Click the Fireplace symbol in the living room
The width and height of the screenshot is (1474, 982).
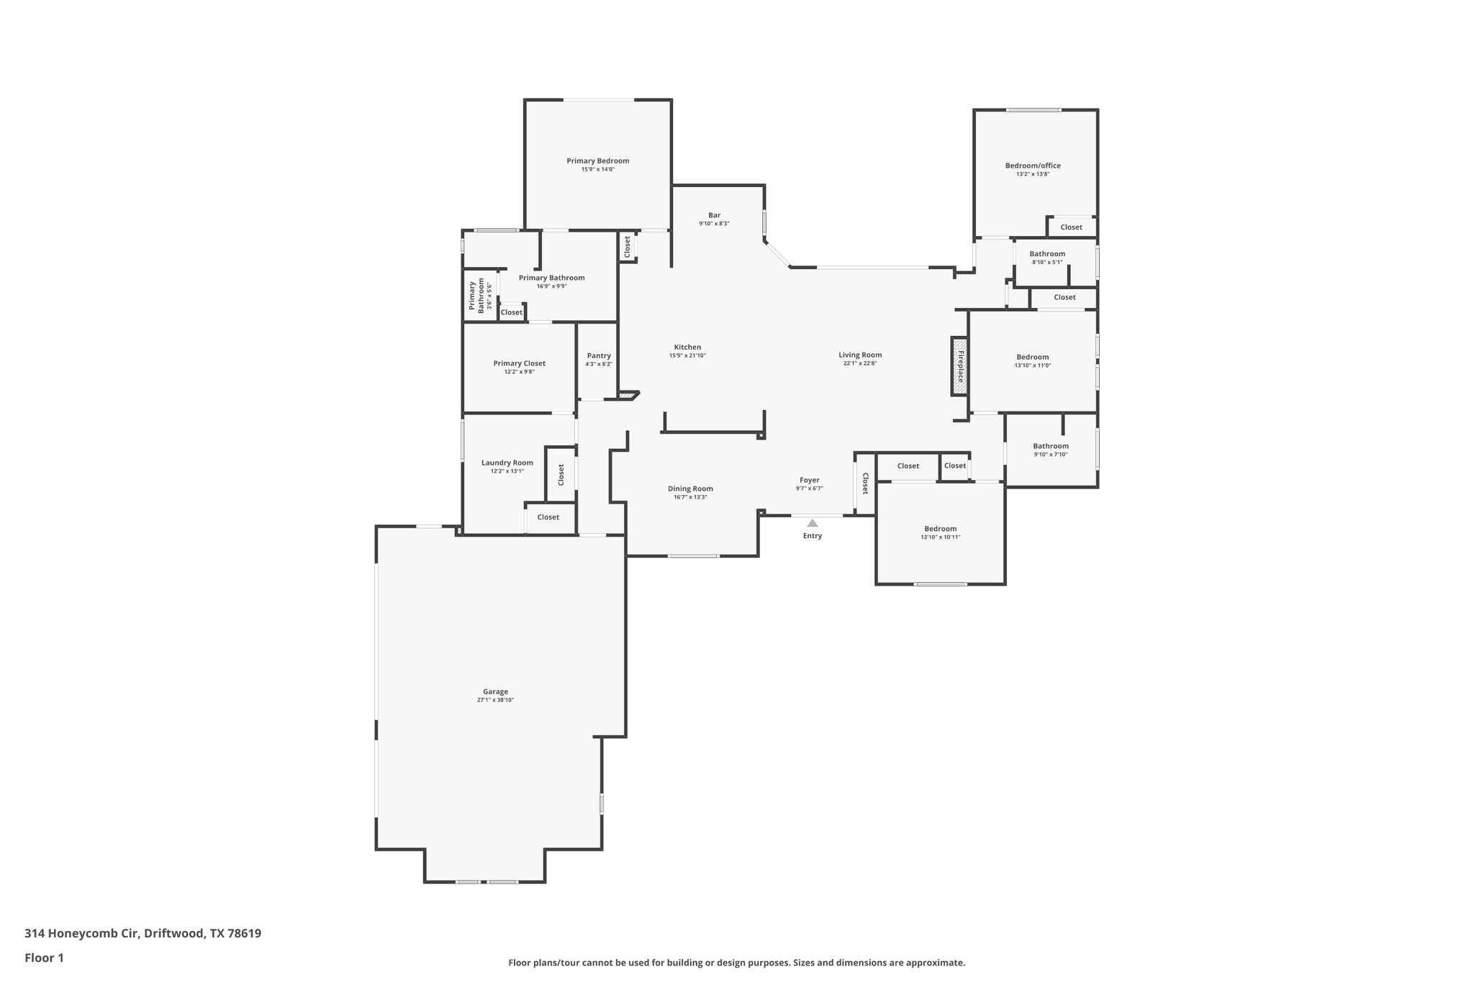[x=959, y=366]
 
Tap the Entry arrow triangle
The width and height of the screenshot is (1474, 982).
[x=812, y=524]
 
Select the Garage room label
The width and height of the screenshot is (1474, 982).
[x=495, y=691]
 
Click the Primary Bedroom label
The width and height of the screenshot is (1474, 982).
[x=597, y=160]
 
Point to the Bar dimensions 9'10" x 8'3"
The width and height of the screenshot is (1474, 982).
[x=714, y=224]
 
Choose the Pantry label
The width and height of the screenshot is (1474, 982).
[x=599, y=355]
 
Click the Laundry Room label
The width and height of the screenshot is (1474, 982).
[x=507, y=463]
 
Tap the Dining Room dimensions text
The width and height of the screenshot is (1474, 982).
[x=690, y=497]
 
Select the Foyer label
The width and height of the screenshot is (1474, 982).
[x=809, y=480]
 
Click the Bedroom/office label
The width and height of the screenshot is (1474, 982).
[x=1032, y=165]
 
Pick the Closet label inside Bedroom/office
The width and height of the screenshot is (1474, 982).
[x=1071, y=227]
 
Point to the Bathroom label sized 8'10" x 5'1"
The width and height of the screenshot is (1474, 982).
[x=1046, y=254]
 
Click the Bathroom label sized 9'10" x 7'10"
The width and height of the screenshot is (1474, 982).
[x=1050, y=446]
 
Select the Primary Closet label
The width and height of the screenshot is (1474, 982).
[x=519, y=363]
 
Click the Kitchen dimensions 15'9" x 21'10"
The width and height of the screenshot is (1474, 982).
[x=687, y=355]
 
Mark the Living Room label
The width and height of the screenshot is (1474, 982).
[x=859, y=355]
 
